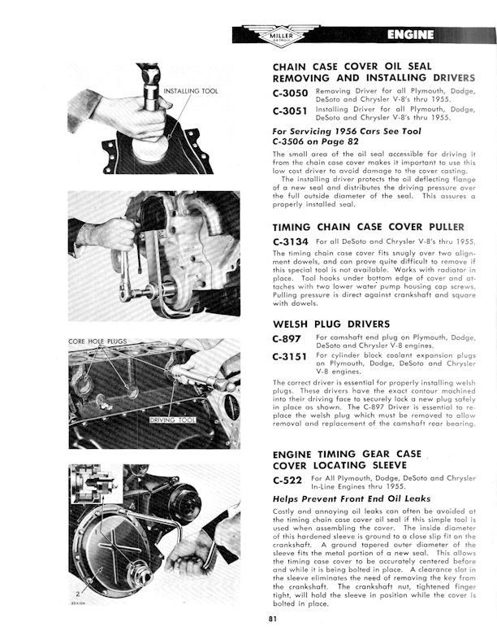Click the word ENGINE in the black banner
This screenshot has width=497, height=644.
coord(410,34)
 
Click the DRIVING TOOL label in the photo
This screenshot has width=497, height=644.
coord(176,420)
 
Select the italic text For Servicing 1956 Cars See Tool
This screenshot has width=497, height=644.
coord(348,130)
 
